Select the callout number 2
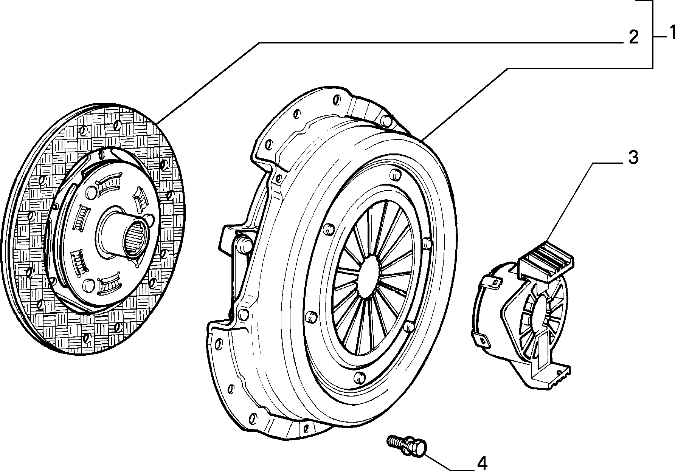[634, 37]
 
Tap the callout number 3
[633, 158]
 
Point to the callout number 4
[482, 463]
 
